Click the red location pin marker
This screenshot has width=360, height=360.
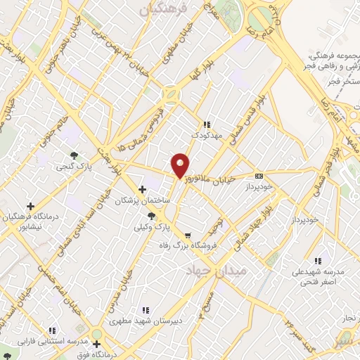(x=181, y=165)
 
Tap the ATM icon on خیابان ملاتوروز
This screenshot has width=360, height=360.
(x=259, y=176)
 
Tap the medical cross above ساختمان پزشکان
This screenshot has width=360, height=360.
(x=143, y=188)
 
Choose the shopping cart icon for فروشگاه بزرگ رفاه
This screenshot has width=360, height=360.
(x=187, y=236)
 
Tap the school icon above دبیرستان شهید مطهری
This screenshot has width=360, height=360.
(x=146, y=309)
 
